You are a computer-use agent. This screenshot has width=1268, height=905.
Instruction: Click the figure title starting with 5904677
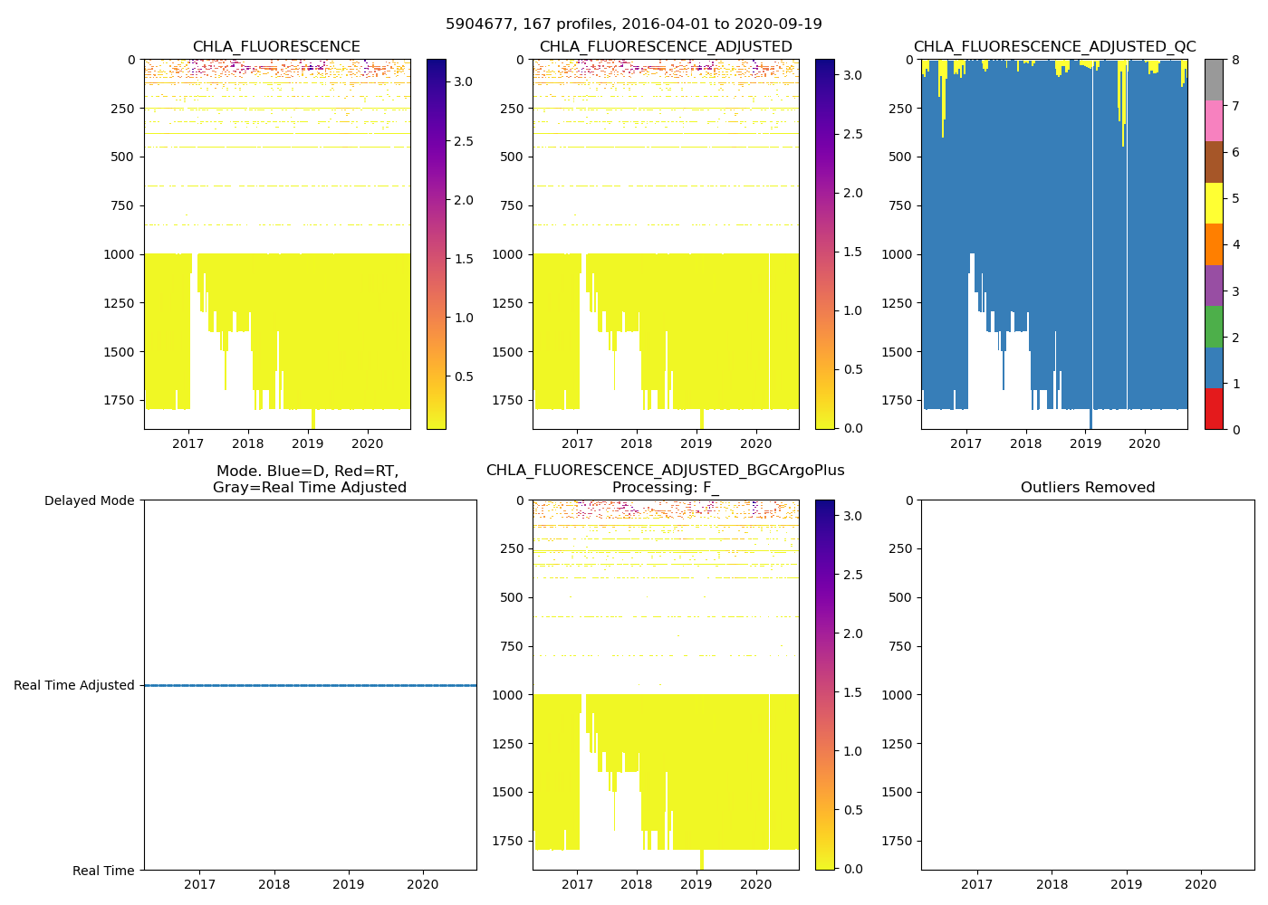pos(634,24)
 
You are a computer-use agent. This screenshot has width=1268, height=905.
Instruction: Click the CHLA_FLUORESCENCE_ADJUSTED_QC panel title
pos(1054,47)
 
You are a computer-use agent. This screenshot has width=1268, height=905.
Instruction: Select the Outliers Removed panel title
pos(1088,488)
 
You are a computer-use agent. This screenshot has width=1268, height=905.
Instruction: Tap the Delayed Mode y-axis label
pos(89,500)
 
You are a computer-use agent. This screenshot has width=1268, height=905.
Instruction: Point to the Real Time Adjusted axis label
pos(74,685)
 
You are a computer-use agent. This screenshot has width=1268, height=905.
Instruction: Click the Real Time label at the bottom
pos(103,871)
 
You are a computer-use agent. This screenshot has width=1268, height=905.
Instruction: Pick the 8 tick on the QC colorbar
pos(1235,60)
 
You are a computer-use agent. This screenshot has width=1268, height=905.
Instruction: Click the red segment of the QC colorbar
pos(1214,408)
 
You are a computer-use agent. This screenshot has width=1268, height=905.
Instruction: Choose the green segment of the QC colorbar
pos(1214,327)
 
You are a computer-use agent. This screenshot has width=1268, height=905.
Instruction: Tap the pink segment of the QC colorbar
pos(1214,121)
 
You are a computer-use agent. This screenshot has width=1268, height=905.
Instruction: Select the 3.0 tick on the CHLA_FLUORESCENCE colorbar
pos(463,81)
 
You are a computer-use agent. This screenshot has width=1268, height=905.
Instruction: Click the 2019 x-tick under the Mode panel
pos(349,884)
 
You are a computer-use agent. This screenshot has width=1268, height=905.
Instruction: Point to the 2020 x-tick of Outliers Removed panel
pos(1201,884)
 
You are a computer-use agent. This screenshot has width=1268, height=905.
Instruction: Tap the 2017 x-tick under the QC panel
pos(966,443)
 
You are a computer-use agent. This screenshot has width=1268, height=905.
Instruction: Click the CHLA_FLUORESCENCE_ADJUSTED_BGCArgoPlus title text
pos(665,471)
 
